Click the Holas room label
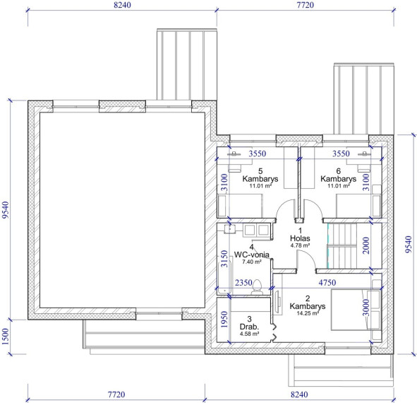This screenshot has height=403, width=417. [300, 238]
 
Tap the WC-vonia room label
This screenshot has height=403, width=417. [252, 255]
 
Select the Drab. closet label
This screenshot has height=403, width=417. [249, 327]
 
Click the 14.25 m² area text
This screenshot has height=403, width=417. [308, 313]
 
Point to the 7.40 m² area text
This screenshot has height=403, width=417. [252, 262]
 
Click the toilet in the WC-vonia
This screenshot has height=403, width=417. [257, 287]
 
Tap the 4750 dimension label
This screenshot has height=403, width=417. [327, 283]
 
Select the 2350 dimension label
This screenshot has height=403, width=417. [243, 283]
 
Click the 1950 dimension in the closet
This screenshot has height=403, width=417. [224, 320]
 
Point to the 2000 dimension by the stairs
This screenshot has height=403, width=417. [366, 245]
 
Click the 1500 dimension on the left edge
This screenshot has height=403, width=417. [6, 337]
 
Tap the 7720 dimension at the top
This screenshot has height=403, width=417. [306, 5]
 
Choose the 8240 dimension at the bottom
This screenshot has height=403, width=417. [299, 395]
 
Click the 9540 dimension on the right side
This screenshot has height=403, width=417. [409, 245]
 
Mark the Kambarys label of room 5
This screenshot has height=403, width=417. [260, 179]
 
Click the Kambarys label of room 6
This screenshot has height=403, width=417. [338, 179]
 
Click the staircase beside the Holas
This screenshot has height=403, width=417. [342, 245]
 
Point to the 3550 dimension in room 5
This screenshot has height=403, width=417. [258, 153]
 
